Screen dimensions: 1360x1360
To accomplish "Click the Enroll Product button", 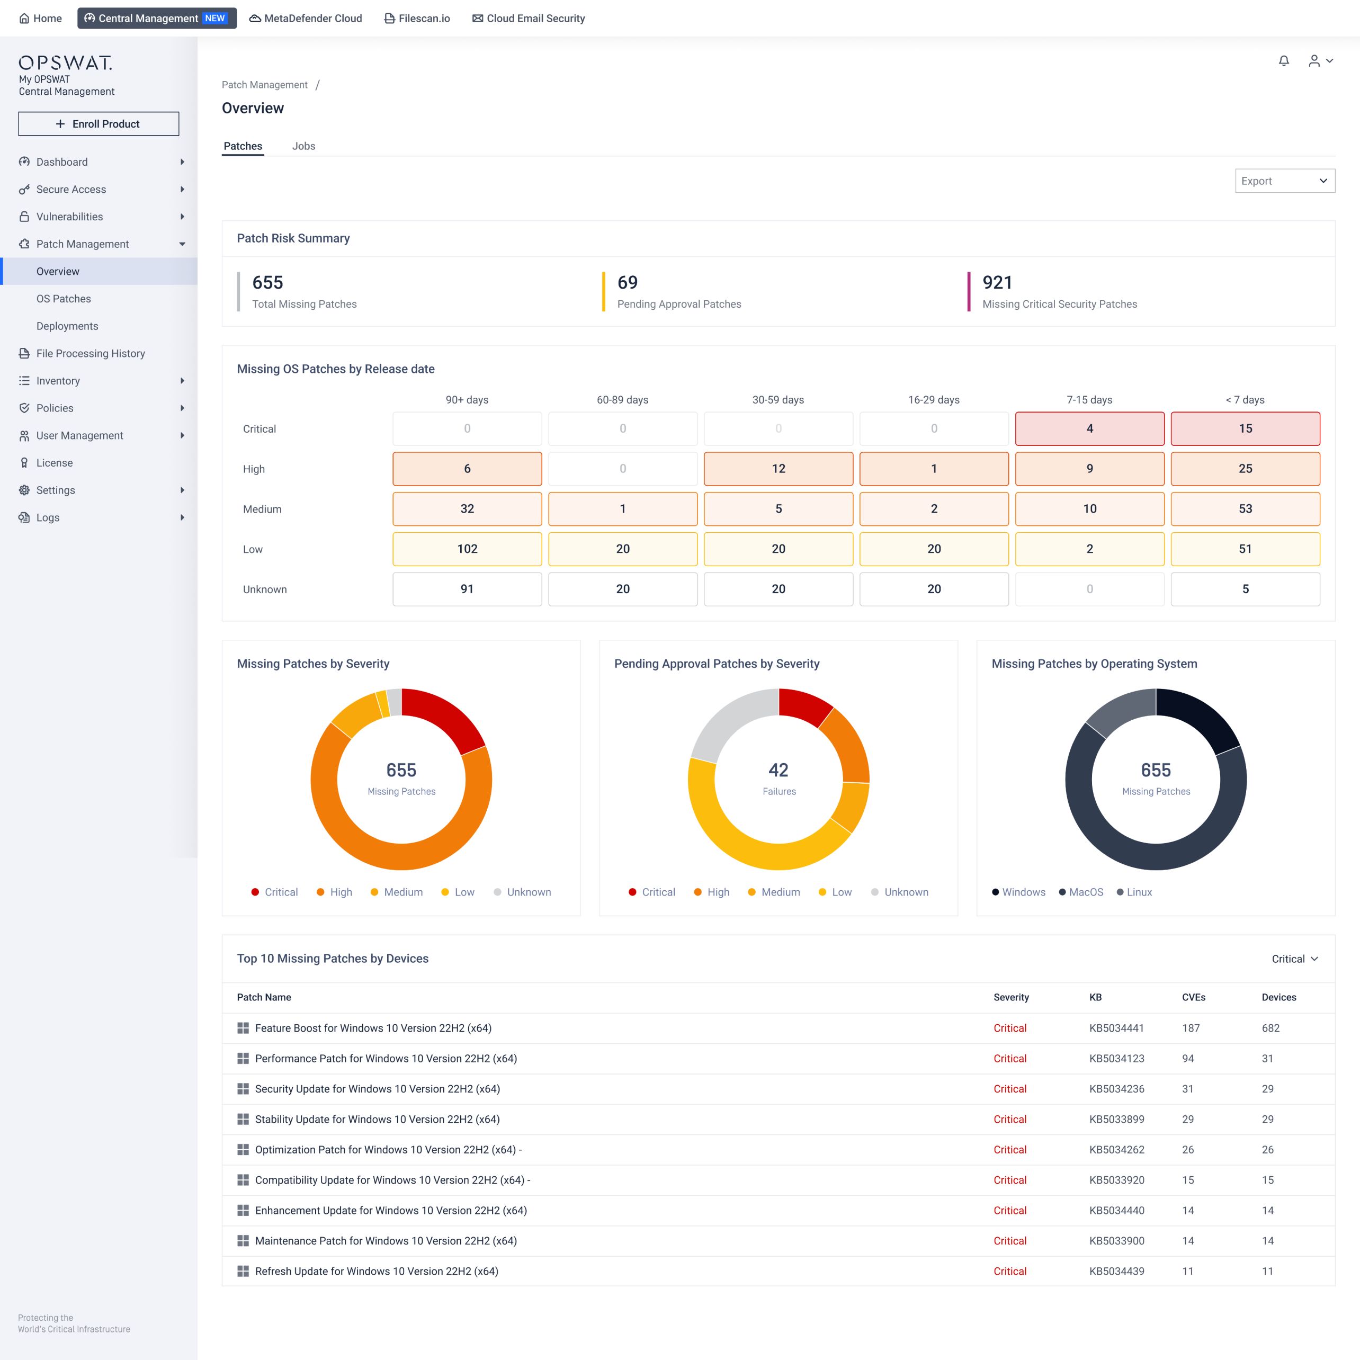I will [99, 124].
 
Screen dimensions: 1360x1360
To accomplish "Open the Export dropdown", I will [1285, 181].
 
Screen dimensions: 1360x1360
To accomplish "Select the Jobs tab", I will [303, 146].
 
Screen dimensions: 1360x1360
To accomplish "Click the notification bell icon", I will [1284, 61].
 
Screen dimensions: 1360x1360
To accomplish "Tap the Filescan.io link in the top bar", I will [417, 19].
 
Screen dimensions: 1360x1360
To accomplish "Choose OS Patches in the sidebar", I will [64, 299].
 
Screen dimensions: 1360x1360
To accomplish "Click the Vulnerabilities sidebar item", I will [70, 217].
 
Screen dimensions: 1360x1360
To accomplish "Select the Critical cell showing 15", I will [1245, 428].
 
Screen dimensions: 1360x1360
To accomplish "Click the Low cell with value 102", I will [467, 549].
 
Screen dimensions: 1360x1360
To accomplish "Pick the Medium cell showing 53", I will [1245, 509].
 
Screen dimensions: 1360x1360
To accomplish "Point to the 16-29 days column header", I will [934, 400].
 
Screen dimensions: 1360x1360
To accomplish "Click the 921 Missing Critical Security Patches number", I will [997, 282].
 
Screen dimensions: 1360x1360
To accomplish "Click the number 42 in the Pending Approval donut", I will [778, 770].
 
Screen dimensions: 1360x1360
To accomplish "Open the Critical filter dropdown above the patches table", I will [1294, 959].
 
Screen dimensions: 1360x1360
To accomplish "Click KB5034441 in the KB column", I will [1116, 1028].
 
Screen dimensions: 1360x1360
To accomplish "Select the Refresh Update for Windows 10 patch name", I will [377, 1272].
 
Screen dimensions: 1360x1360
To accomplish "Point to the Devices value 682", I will [1270, 1028].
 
